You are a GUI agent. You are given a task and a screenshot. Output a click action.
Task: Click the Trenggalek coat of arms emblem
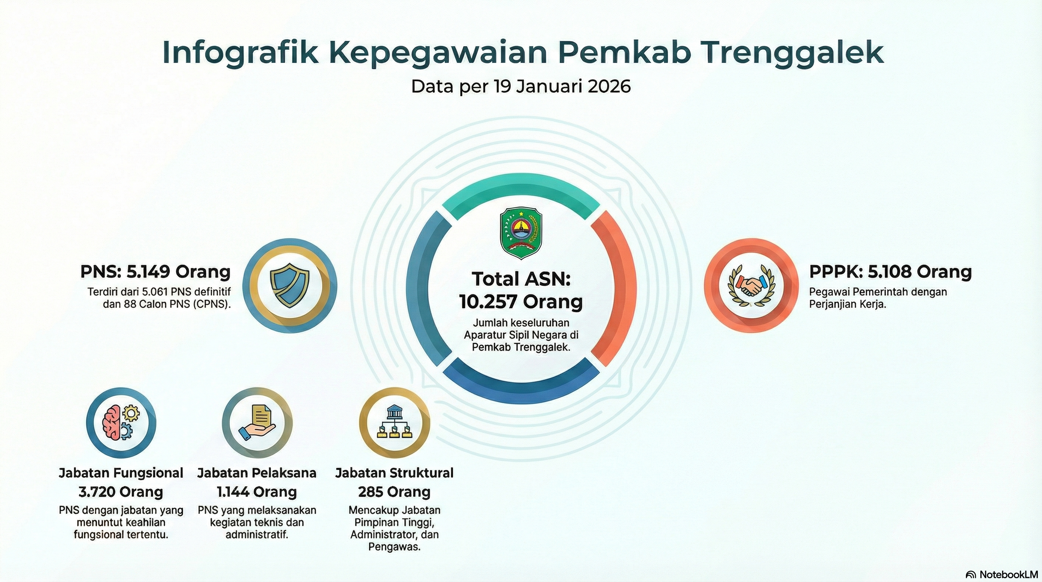(x=521, y=233)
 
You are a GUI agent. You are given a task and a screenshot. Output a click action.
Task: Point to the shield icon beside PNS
(x=290, y=285)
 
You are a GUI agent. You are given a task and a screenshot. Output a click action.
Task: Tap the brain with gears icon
(x=120, y=423)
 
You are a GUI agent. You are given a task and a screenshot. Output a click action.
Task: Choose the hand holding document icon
(x=257, y=423)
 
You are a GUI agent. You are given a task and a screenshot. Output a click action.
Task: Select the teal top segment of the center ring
(x=521, y=190)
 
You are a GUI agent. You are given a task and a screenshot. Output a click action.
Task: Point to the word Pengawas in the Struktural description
(x=394, y=547)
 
